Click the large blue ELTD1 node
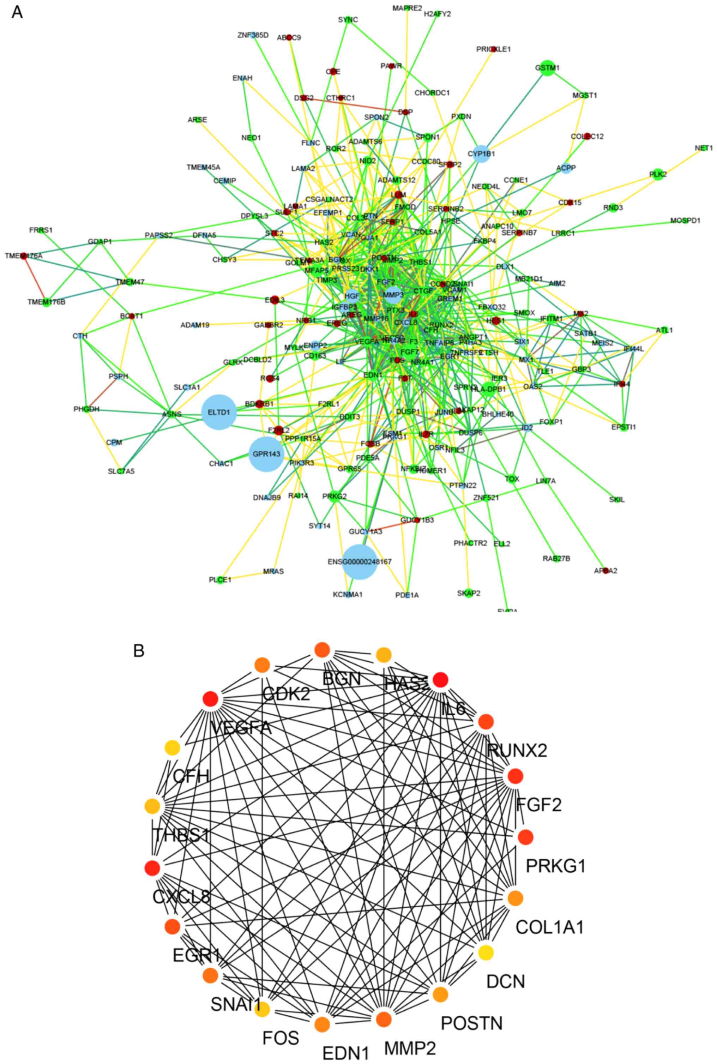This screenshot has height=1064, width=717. pos(218,412)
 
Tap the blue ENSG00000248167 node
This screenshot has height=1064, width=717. pos(360,561)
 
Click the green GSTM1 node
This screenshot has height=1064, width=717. pos(547,68)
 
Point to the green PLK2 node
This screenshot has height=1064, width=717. pos(658,175)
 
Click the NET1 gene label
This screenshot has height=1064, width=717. pos(703,148)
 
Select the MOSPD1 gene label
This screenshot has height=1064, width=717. pos(685,221)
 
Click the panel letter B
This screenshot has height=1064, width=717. pos(139,650)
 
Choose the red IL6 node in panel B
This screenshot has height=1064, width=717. pos(440,680)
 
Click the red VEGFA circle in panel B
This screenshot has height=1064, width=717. pos(210,699)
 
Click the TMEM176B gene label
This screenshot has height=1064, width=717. pos(46,302)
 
